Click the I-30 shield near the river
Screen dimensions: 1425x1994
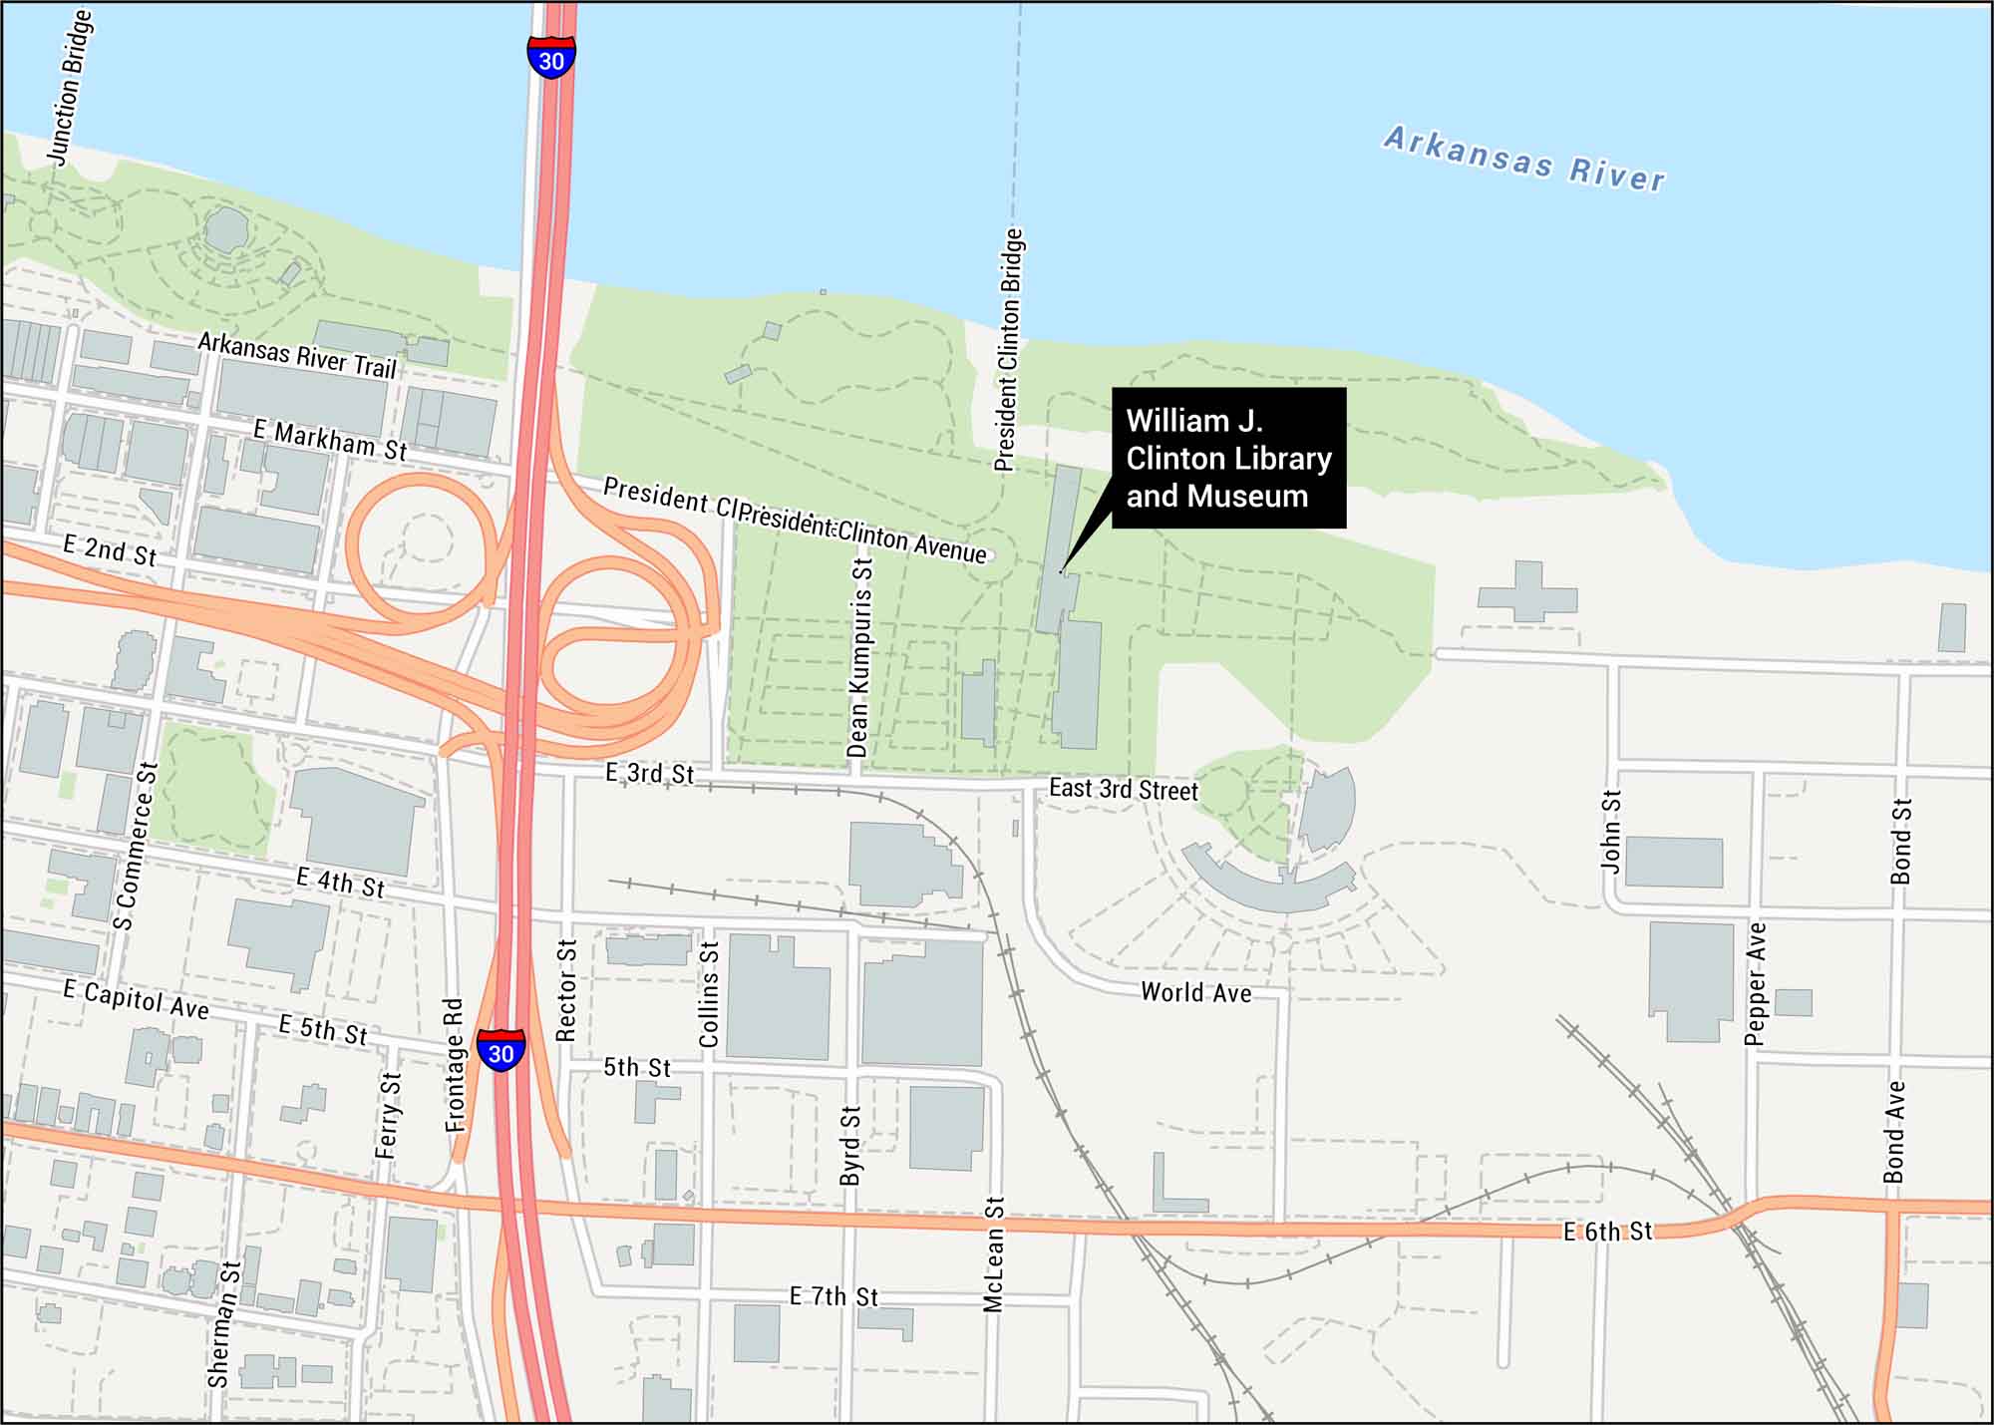click(551, 57)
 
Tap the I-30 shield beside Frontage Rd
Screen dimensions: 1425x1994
click(500, 1050)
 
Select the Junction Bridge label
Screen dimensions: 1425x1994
click(71, 88)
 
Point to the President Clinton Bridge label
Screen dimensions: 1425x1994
click(1009, 349)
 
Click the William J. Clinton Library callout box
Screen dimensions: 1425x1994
click(1228, 458)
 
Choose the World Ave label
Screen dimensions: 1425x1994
click(1195, 992)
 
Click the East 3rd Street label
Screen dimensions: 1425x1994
click(1123, 790)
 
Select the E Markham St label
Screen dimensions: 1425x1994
click(329, 440)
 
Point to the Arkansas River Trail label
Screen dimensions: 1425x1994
click(297, 355)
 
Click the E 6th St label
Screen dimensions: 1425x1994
click(1606, 1232)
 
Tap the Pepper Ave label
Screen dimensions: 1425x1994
click(1756, 983)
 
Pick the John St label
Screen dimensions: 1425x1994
click(1611, 831)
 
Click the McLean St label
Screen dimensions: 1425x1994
click(993, 1254)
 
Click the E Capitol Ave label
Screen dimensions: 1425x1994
click(136, 999)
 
